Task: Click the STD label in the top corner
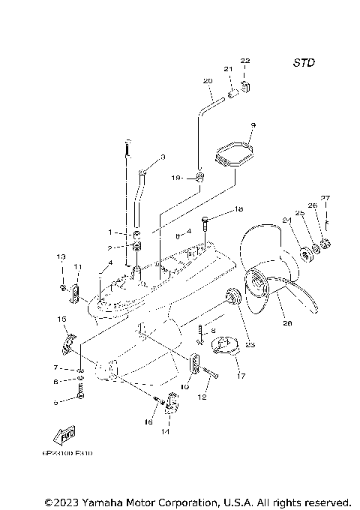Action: click(x=303, y=63)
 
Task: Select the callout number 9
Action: click(x=253, y=125)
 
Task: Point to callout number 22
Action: click(x=245, y=60)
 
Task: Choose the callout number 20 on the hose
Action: click(x=208, y=80)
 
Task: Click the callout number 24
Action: click(x=286, y=220)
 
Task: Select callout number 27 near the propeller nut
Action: click(x=325, y=198)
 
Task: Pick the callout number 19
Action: click(x=175, y=178)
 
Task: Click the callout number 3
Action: click(x=163, y=157)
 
